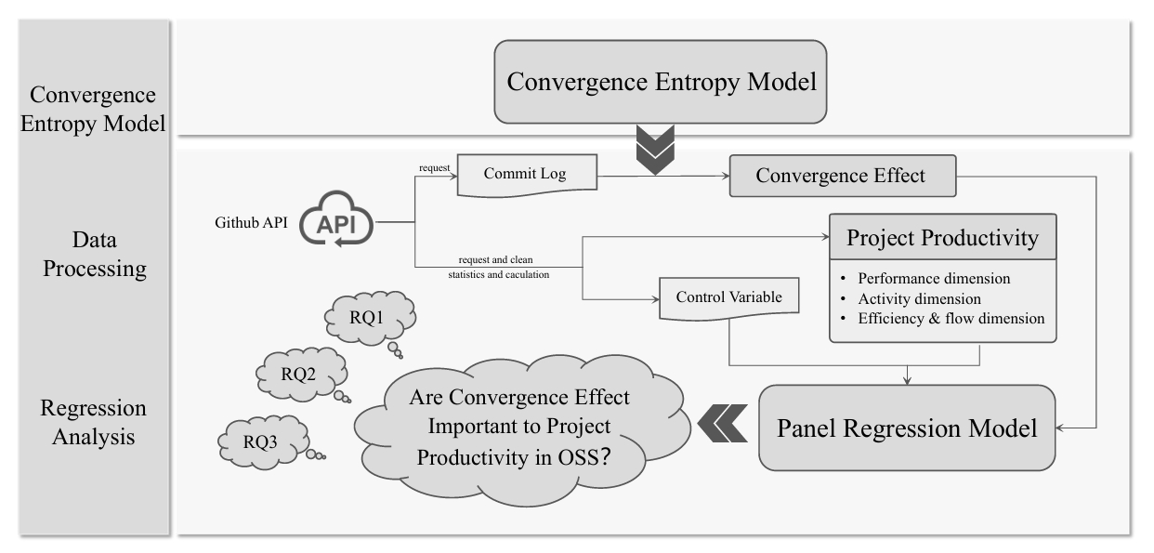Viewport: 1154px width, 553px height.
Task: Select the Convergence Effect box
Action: (841, 176)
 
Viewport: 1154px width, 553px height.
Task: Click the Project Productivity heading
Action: (942, 238)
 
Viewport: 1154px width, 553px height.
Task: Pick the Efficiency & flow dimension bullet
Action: (951, 318)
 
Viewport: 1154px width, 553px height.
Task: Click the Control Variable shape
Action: (728, 298)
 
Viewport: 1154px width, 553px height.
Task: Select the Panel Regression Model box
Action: (907, 428)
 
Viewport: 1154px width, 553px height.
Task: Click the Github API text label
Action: (243, 223)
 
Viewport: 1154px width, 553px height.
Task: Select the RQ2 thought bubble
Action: (299, 375)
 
